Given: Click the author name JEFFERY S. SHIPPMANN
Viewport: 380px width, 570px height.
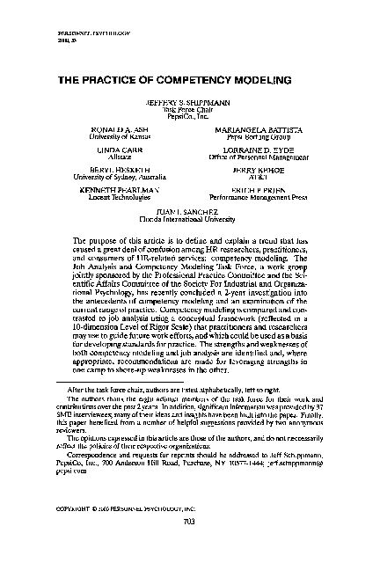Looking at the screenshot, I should [189, 102].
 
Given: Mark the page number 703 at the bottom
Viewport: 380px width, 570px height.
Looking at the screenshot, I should [189, 546].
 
